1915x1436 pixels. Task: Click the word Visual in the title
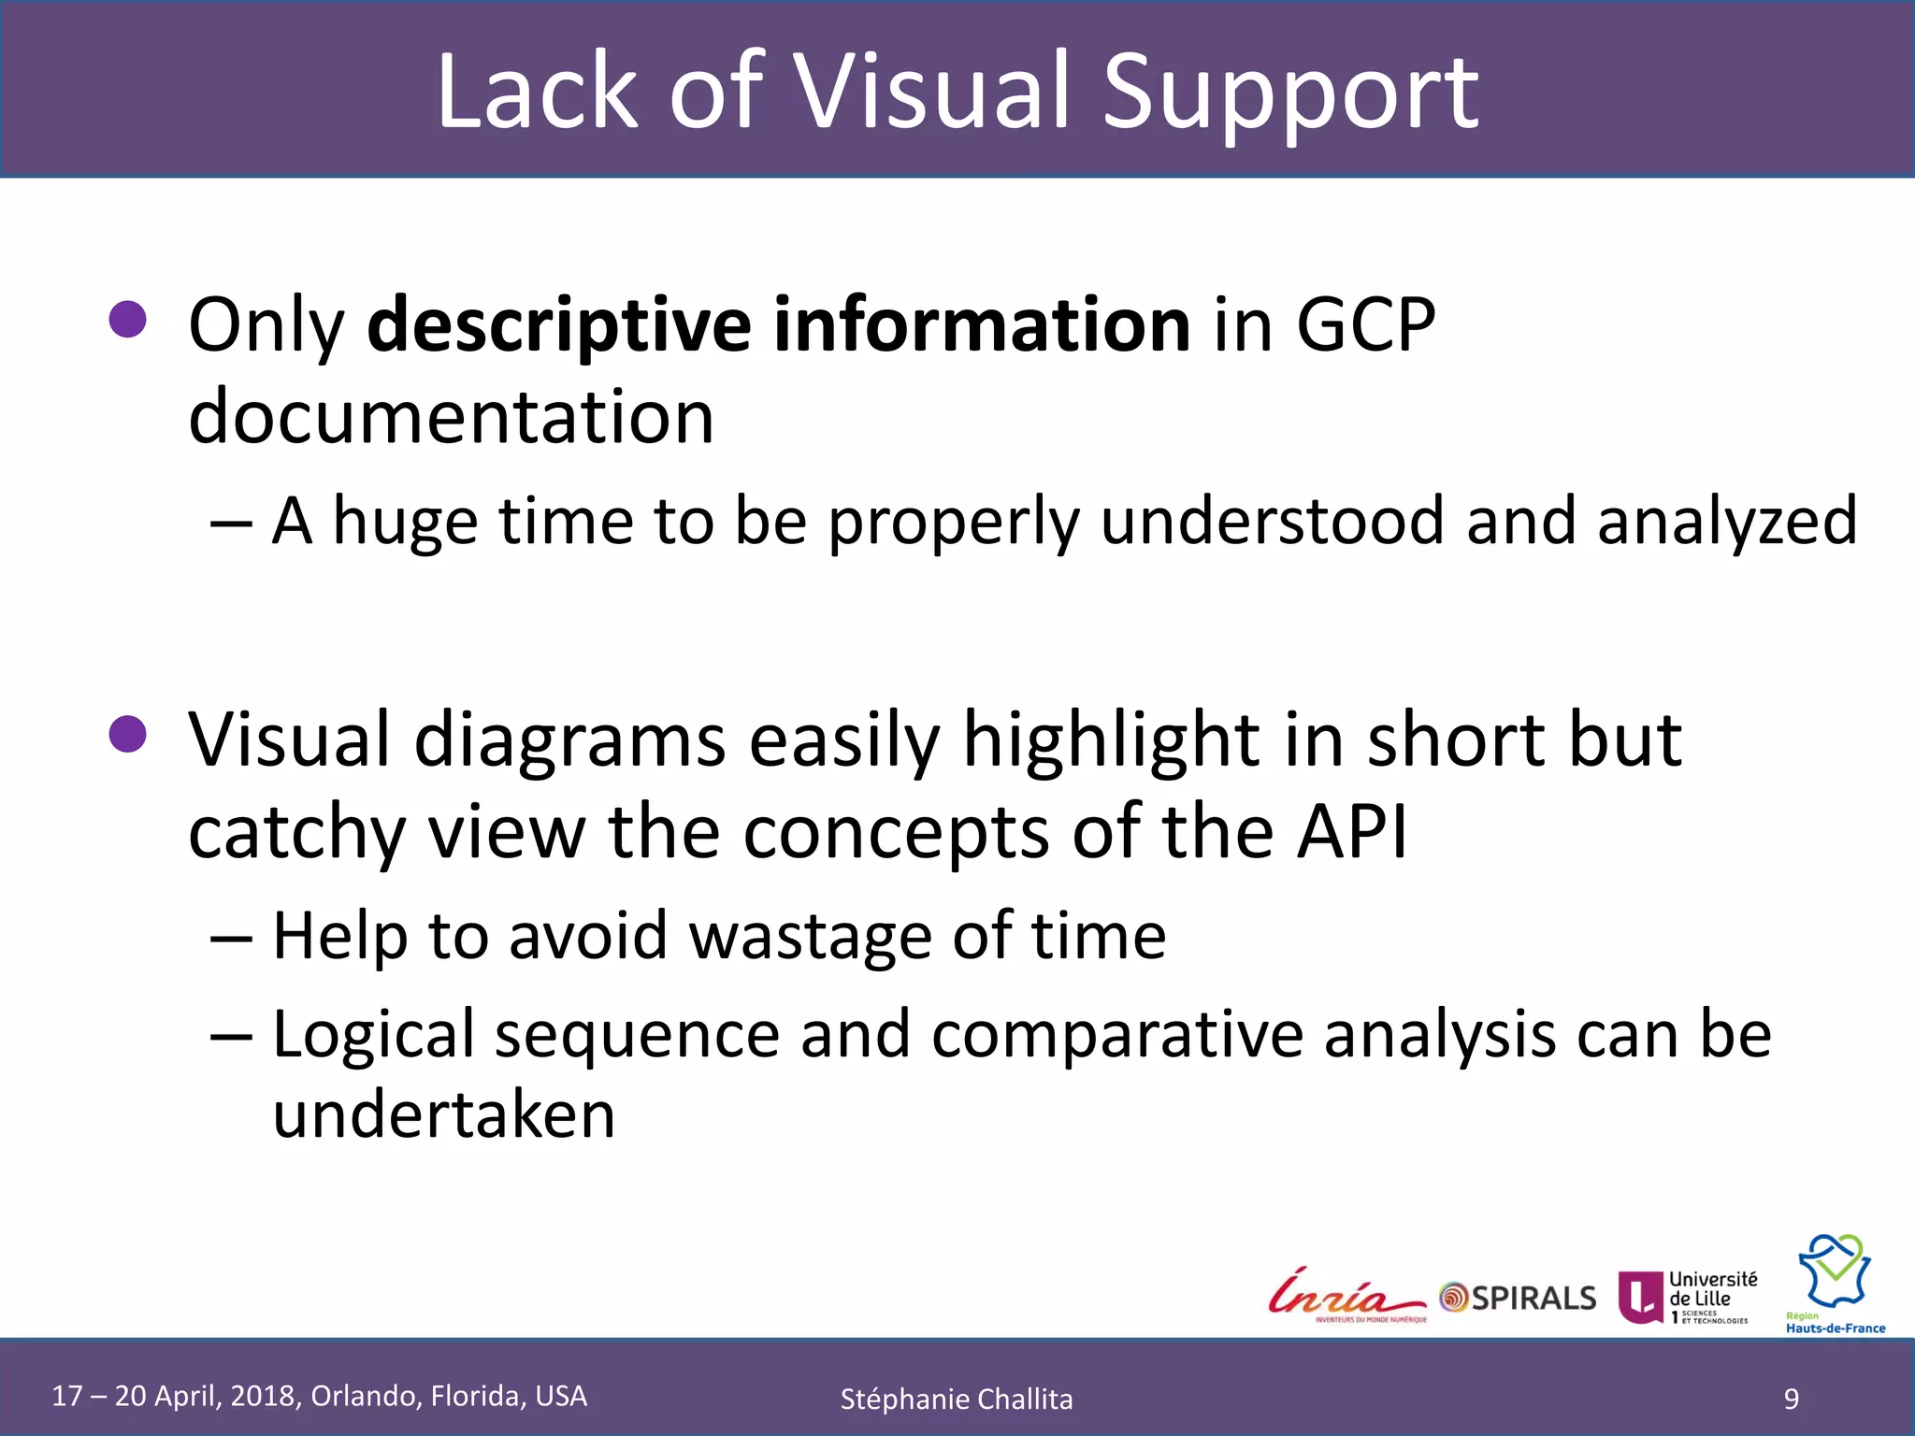pos(931,92)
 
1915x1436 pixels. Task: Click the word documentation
pos(451,416)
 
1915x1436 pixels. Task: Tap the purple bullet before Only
pos(128,320)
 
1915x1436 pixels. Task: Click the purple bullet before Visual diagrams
pos(128,734)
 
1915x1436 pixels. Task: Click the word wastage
pos(810,936)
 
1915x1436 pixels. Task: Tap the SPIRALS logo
pos(1518,1298)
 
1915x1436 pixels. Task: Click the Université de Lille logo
pos(1688,1297)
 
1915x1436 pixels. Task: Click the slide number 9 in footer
pos(1791,1399)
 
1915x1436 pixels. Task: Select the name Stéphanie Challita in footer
pos(956,1400)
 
